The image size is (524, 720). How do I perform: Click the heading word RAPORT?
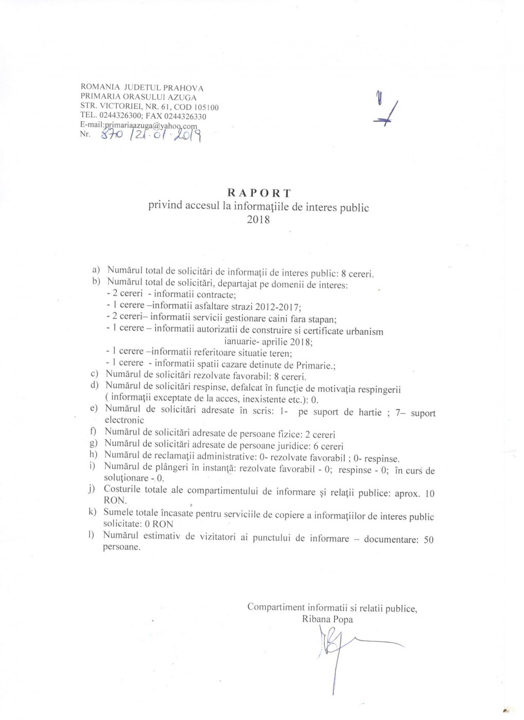click(x=259, y=193)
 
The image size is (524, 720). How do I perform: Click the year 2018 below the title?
click(x=258, y=220)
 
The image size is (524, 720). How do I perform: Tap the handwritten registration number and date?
click(x=150, y=135)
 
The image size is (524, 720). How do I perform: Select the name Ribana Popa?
click(x=327, y=620)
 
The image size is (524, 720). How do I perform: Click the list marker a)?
click(x=96, y=270)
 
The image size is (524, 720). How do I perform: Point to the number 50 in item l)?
click(x=428, y=539)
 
